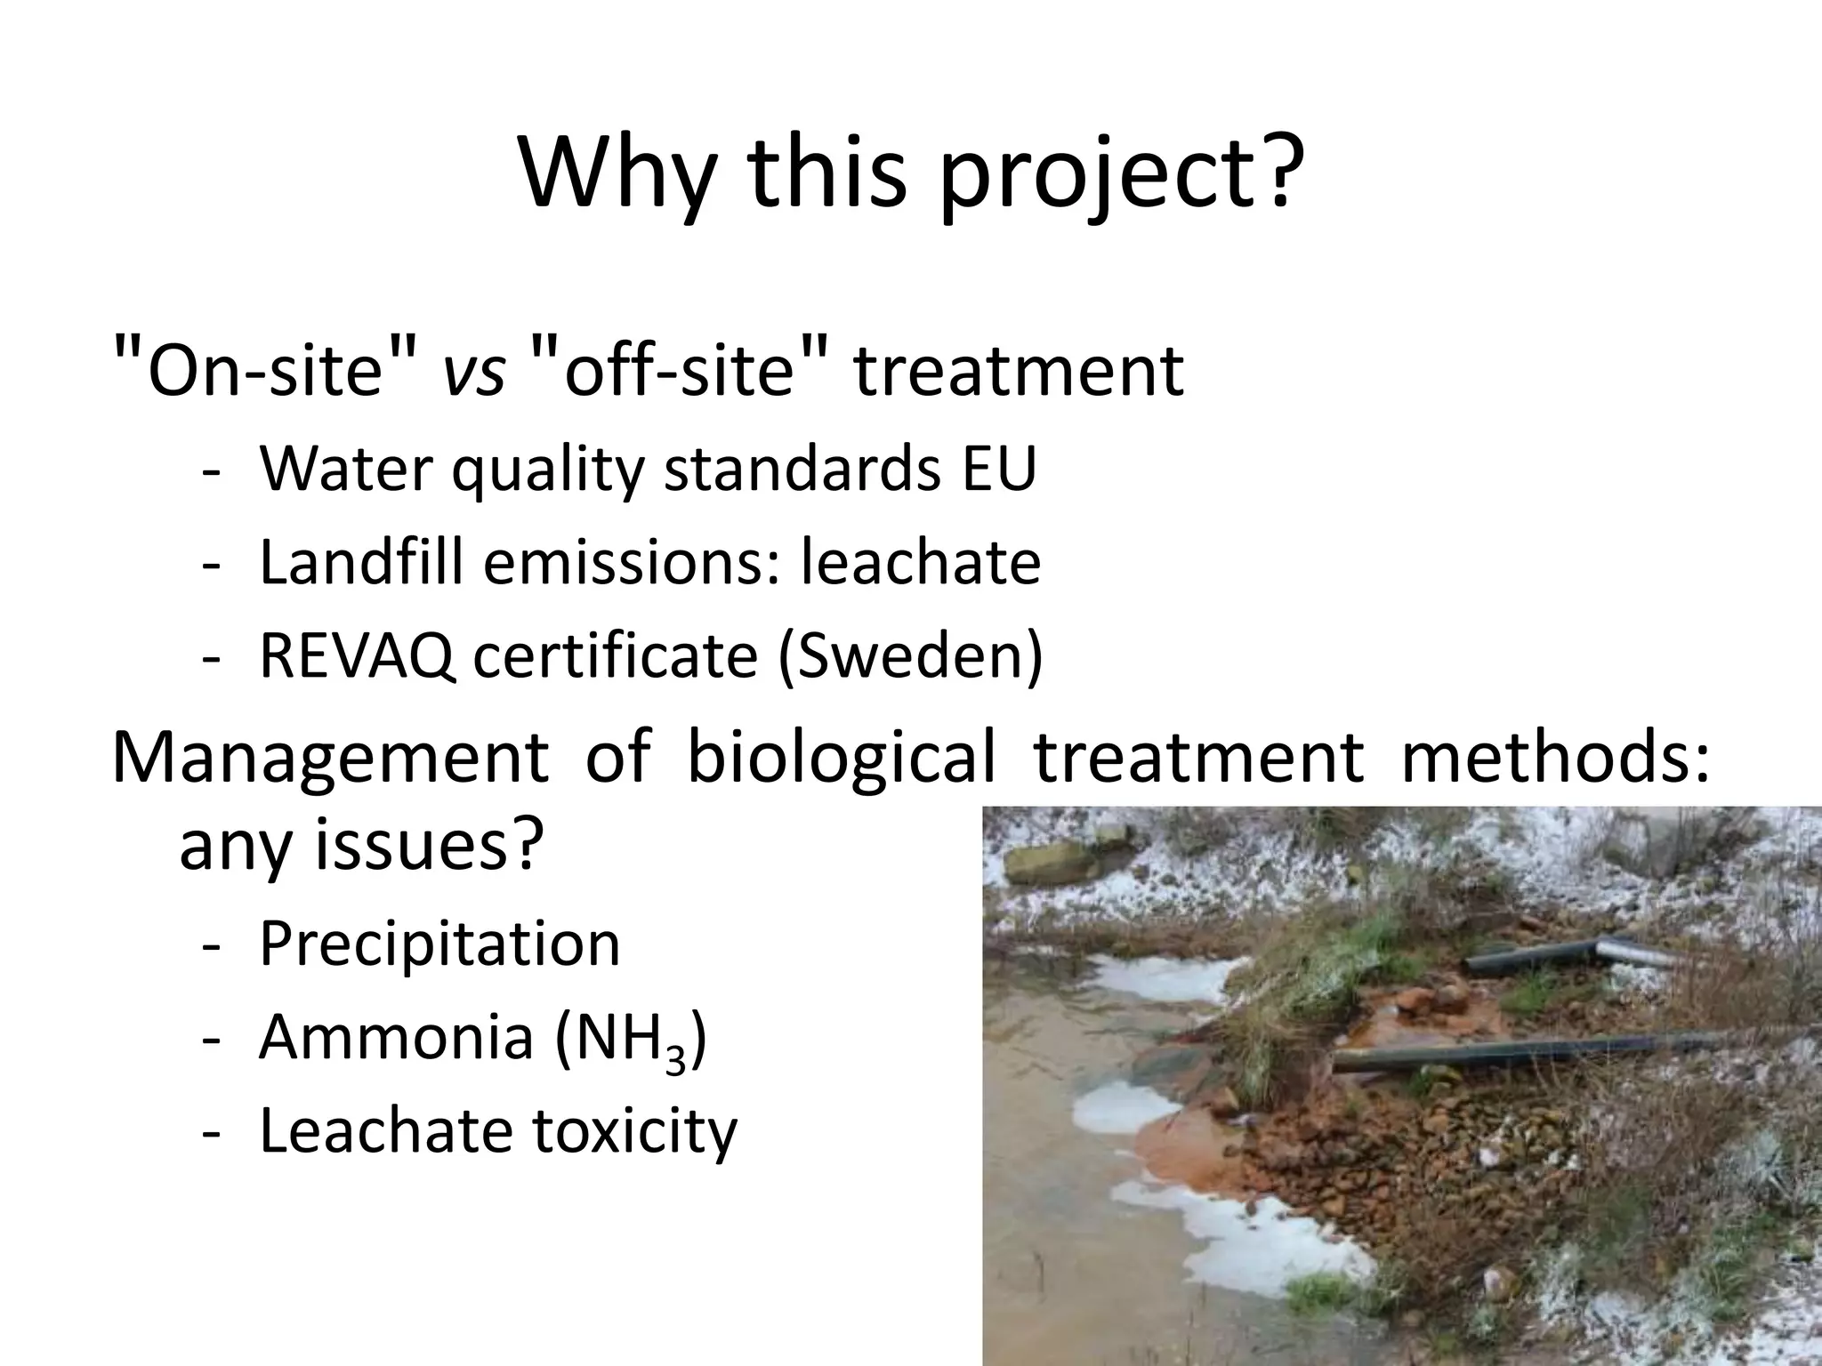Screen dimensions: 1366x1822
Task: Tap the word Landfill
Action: (361, 562)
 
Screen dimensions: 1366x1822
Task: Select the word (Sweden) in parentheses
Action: (910, 657)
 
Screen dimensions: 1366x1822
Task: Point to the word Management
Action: (330, 758)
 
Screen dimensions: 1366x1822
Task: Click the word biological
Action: (841, 758)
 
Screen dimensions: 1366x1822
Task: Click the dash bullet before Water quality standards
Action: (211, 471)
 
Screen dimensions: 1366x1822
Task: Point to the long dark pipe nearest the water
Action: (1512, 1051)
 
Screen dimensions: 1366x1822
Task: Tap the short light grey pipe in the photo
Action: (1641, 953)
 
